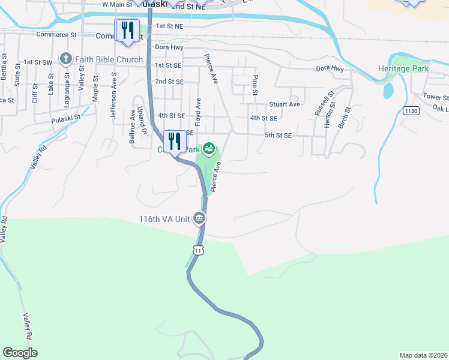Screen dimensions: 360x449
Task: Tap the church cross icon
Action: [65, 59]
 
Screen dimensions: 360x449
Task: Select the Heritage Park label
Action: [403, 68]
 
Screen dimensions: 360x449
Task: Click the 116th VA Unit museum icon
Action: [199, 219]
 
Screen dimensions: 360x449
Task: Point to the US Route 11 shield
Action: [197, 249]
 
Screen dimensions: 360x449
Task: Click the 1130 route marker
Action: [411, 110]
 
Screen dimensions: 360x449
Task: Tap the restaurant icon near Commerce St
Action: [127, 30]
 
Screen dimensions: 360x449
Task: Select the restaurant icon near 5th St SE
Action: [175, 141]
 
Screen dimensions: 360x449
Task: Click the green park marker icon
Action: [209, 148]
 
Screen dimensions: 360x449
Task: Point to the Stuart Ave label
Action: [285, 104]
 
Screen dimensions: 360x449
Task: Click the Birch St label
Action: [344, 119]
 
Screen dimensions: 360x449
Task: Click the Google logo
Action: [20, 353]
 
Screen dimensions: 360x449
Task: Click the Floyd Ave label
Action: [197, 110]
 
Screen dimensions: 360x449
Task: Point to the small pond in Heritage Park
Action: [388, 90]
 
